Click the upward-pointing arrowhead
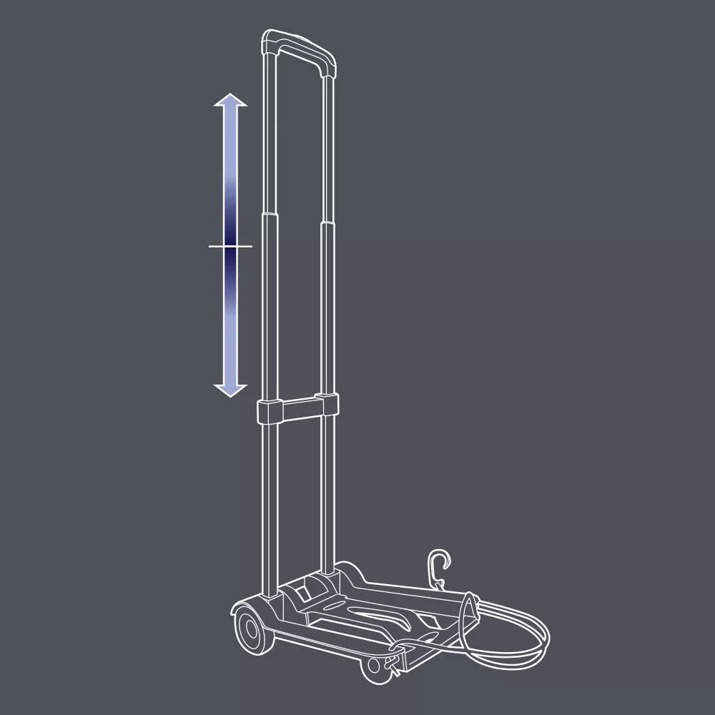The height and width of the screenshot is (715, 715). coord(230,101)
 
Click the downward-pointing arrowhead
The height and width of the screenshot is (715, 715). coord(230,390)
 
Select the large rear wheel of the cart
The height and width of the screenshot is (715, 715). coord(248,630)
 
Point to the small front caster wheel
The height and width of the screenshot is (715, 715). coord(373,665)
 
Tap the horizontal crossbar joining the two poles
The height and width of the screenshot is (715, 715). coord(297,409)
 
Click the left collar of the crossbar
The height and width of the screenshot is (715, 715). coord(269,412)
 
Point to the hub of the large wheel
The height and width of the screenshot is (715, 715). coord(248,631)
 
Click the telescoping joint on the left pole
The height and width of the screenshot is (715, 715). coord(270,215)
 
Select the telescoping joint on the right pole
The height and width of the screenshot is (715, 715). coord(327,223)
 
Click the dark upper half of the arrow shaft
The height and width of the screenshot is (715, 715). coord(230,214)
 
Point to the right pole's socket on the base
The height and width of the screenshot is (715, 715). coord(328,573)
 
